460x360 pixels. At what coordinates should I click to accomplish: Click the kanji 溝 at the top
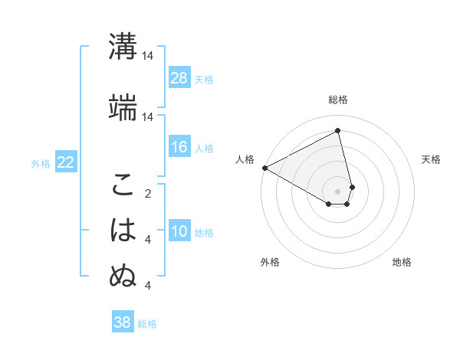pos(123,46)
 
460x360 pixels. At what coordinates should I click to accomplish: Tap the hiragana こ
pos(123,185)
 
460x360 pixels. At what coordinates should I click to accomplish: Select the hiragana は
pos(123,230)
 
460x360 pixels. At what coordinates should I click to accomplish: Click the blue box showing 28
pos(179,78)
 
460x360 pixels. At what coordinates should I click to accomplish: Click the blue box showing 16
pos(179,147)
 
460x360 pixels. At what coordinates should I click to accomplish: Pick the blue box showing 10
pos(179,231)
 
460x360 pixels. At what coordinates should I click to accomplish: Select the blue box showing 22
pos(66,162)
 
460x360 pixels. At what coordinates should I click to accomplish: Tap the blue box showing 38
pos(123,322)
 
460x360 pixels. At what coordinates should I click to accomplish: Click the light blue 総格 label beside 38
pos(147,324)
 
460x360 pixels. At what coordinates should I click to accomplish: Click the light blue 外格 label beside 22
pos(41,163)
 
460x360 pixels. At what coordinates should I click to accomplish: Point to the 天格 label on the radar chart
pos(431,159)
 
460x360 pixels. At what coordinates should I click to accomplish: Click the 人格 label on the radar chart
pos(245,159)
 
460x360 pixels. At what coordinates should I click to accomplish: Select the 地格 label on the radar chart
pos(402,262)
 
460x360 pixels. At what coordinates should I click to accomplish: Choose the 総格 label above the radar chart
pos(338,100)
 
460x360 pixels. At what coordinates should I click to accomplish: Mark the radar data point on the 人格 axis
pos(264,168)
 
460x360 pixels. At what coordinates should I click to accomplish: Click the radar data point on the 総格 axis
pos(338,130)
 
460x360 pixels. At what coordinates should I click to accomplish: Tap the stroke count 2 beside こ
pos(148,193)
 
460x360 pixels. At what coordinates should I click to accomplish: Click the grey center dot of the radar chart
pos(338,190)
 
